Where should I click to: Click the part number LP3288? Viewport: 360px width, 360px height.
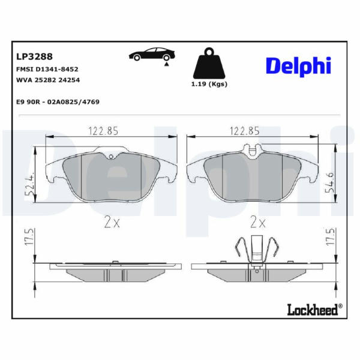coord(34,56)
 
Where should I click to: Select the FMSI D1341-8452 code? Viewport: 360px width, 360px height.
coord(47,69)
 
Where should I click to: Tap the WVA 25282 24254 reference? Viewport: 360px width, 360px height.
coord(48,80)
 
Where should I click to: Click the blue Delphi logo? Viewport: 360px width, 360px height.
coord(298,66)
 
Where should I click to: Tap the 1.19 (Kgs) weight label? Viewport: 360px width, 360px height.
coord(209,84)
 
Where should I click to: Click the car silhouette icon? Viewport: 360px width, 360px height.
coord(152,55)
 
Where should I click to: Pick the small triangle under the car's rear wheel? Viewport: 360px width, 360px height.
coord(167,64)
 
